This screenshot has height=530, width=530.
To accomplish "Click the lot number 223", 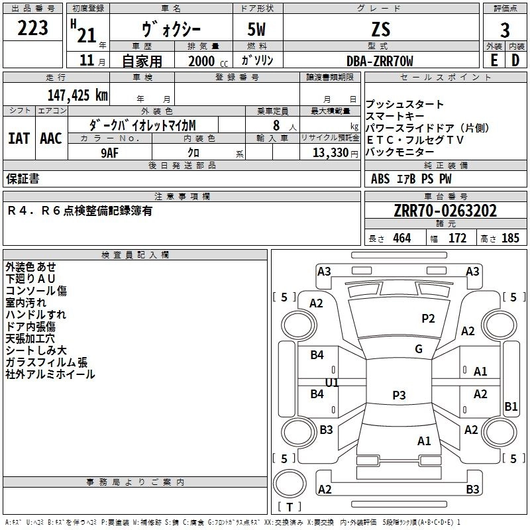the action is pyautogui.click(x=32, y=28).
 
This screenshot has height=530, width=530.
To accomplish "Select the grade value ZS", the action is pyautogui.click(x=381, y=29).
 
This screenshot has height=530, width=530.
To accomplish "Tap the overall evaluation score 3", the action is pyautogui.click(x=505, y=30).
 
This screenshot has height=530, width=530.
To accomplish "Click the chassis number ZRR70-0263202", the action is pyautogui.click(x=445, y=211).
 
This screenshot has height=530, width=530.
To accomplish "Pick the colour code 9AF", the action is pyautogui.click(x=110, y=152).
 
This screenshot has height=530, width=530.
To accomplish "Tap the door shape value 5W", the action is pyautogui.click(x=258, y=29).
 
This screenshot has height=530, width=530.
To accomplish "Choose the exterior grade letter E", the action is pyautogui.click(x=494, y=60).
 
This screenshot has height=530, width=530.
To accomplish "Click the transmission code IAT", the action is pyautogui.click(x=19, y=138).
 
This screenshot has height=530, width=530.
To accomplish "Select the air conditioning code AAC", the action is pyautogui.click(x=50, y=138).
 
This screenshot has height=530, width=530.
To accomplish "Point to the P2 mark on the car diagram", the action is pyautogui.click(x=428, y=319).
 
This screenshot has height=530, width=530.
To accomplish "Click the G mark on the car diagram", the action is pyautogui.click(x=419, y=349).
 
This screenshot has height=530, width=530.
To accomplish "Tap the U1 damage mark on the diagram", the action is pyautogui.click(x=332, y=382).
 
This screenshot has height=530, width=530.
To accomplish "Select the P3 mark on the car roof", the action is pyautogui.click(x=399, y=395).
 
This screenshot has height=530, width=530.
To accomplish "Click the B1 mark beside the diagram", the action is pyautogui.click(x=511, y=407).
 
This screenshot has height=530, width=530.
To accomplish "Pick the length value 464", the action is pyautogui.click(x=401, y=238).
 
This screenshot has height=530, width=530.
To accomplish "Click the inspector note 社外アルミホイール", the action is pyautogui.click(x=50, y=374).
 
